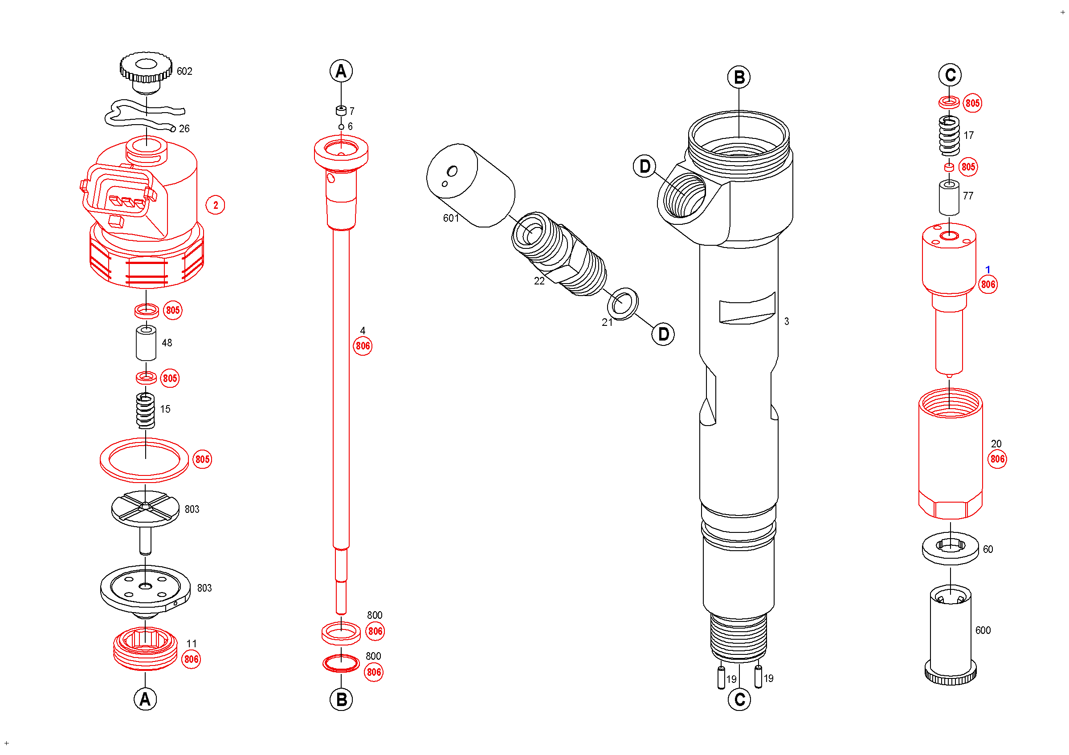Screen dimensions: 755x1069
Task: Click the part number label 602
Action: tap(184, 71)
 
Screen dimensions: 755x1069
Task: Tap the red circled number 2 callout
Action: tap(215, 205)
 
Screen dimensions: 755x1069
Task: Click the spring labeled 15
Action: tap(145, 411)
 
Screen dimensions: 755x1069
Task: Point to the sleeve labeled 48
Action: tap(146, 343)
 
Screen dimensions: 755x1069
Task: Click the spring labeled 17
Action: tap(949, 135)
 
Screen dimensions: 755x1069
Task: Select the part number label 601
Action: tap(451, 218)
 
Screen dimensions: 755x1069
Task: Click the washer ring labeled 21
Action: tap(623, 304)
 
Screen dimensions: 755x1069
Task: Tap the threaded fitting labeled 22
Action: tap(559, 254)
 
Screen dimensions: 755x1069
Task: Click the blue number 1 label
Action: tap(987, 270)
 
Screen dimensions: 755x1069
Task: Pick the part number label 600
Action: tap(983, 630)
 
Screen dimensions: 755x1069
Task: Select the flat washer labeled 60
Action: tap(950, 549)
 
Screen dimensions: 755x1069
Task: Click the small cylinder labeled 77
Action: tap(948, 198)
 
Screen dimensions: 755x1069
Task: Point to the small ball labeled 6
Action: tap(341, 127)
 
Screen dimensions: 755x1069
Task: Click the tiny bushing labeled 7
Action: tap(341, 111)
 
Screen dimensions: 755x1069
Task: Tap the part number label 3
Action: tap(787, 321)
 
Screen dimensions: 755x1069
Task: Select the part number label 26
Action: tap(184, 129)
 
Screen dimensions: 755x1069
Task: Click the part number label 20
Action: tap(996, 444)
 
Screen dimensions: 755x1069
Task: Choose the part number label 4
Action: tap(363, 331)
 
